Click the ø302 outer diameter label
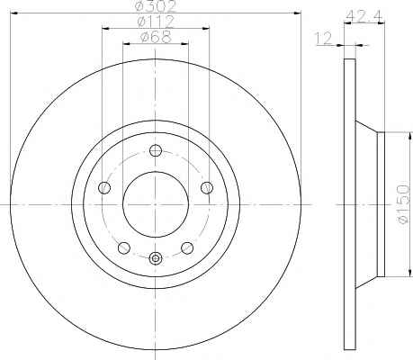(156, 6)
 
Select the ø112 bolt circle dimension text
(156, 22)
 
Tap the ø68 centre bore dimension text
(156, 37)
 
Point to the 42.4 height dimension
(364, 17)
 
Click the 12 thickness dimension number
(323, 39)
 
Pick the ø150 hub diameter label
(403, 204)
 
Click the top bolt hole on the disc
(156, 150)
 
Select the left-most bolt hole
(104, 187)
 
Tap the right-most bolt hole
(207, 188)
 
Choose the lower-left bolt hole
(124, 247)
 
